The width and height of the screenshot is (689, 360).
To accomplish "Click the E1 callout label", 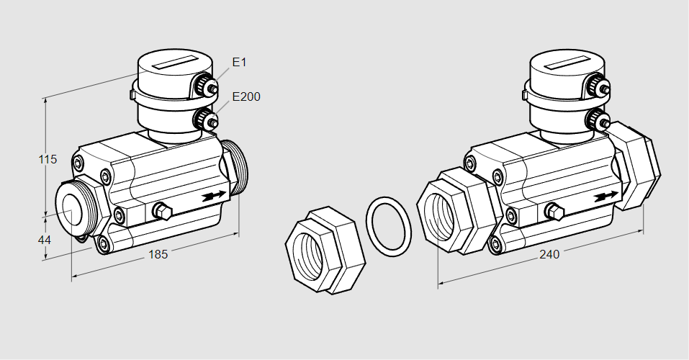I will coord(239,63).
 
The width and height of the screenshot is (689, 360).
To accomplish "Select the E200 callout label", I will coord(246,96).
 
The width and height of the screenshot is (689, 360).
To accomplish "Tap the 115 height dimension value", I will coord(48,159).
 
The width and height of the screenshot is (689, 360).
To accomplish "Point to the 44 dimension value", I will coord(45,240).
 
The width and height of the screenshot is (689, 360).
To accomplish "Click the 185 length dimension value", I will coord(158,254).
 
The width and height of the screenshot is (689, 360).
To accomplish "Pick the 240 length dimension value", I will coord(549,253).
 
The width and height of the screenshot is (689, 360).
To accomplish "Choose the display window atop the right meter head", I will coord(569,63).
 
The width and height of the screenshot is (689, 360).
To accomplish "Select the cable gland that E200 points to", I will coord(208,120).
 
